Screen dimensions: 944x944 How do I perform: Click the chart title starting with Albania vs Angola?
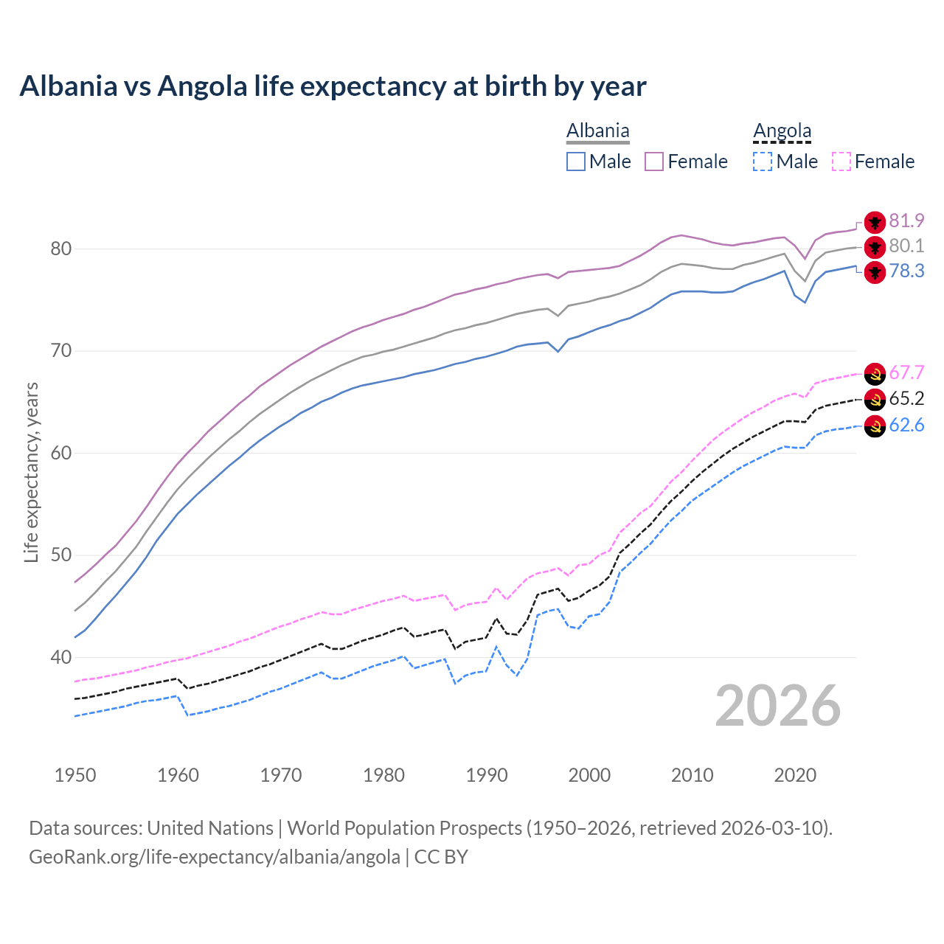pyautogui.click(x=333, y=86)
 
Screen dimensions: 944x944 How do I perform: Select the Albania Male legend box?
pyautogui.click(x=576, y=162)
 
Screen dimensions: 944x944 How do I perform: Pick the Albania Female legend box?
pyautogui.click(x=654, y=162)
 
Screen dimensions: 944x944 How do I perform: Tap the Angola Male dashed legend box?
pyautogui.click(x=763, y=162)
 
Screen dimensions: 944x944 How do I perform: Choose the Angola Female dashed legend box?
pyautogui.click(x=841, y=162)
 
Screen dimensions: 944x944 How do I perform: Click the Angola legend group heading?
pyautogui.click(x=782, y=131)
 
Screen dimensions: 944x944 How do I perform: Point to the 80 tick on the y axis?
pyautogui.click(x=61, y=249)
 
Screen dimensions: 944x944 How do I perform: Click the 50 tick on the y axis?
pyautogui.click(x=61, y=555)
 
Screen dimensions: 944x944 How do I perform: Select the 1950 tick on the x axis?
pyautogui.click(x=75, y=775)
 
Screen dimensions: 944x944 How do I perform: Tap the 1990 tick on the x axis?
pyautogui.click(x=487, y=775)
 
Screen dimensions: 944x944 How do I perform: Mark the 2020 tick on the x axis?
pyautogui.click(x=795, y=775)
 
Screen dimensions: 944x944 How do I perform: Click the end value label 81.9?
pyautogui.click(x=906, y=221)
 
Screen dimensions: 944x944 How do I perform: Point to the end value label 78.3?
pyautogui.click(x=906, y=271)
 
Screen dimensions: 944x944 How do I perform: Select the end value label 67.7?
pyautogui.click(x=906, y=373)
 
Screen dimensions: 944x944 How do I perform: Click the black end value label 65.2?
pyautogui.click(x=906, y=399)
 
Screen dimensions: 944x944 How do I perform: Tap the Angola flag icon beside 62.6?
pyautogui.click(x=875, y=426)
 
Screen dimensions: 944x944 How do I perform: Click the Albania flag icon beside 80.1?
pyautogui.click(x=875, y=247)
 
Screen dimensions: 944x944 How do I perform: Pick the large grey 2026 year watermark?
pyautogui.click(x=777, y=706)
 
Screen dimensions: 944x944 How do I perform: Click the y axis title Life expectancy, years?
pyautogui.click(x=31, y=472)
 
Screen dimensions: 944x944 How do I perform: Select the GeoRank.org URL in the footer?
pyautogui.click(x=214, y=857)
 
